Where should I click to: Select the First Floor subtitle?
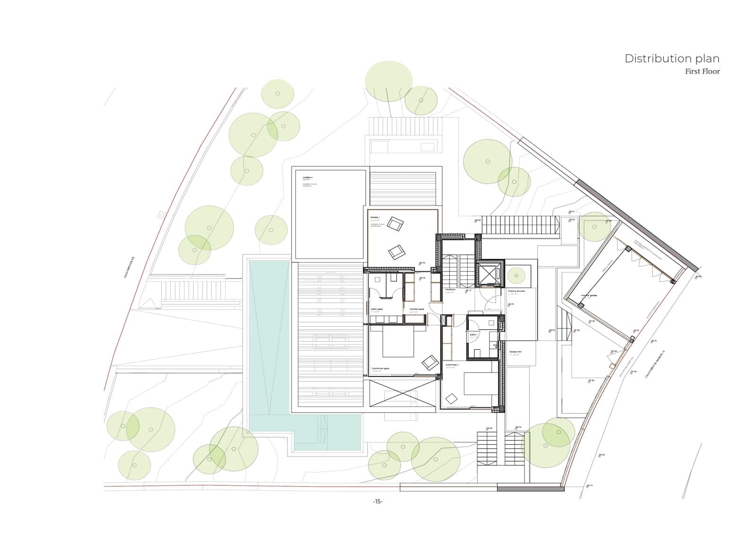point(702,72)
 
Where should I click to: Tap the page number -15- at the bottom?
point(378,501)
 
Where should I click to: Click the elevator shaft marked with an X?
point(490,274)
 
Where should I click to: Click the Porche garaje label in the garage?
point(589,296)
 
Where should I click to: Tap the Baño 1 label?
point(474,334)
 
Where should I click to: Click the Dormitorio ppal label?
point(380,368)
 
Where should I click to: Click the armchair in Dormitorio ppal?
point(430,362)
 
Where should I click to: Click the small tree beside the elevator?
point(516,275)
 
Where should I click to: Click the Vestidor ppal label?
point(416,310)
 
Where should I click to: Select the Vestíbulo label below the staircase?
point(449,289)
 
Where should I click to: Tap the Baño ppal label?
point(376,310)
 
